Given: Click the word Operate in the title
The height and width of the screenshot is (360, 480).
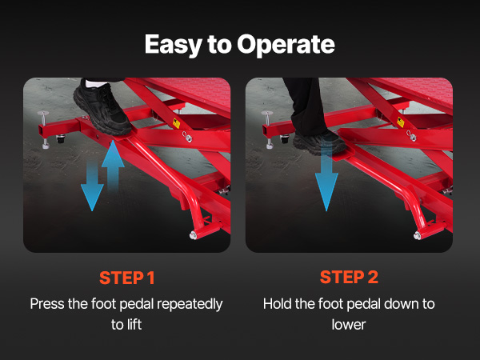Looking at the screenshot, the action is pyautogui.click(x=286, y=46).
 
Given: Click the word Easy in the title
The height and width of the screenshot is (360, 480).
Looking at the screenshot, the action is pyautogui.click(x=173, y=46).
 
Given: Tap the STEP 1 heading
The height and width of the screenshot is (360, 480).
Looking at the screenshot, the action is pyautogui.click(x=126, y=278).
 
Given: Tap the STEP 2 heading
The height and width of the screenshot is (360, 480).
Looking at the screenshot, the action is pyautogui.click(x=349, y=277).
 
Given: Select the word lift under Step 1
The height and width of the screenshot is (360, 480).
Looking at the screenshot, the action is pyautogui.click(x=134, y=325).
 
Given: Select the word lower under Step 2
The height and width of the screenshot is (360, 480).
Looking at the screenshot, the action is pyautogui.click(x=349, y=325).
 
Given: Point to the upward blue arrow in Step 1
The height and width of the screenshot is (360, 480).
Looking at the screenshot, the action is pyautogui.click(x=113, y=166).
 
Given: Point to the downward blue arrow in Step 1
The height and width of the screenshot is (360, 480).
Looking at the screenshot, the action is pyautogui.click(x=92, y=186).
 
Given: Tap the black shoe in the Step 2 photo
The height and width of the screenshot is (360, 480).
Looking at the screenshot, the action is pyautogui.click(x=319, y=142).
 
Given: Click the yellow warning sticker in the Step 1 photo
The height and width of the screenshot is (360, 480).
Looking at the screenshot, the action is pyautogui.click(x=177, y=123).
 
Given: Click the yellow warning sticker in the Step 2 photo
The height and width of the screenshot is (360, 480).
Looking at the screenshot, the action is pyautogui.click(x=401, y=122).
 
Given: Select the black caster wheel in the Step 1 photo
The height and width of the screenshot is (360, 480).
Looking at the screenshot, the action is pyautogui.click(x=61, y=138).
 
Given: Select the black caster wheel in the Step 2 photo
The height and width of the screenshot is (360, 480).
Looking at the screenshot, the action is pyautogui.click(x=284, y=139).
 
